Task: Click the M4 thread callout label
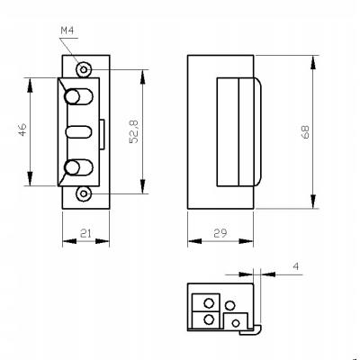(x=67, y=31)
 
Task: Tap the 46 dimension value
(x=23, y=130)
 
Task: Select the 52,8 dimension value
(x=134, y=131)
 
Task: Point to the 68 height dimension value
(x=305, y=132)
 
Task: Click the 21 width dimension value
(x=85, y=233)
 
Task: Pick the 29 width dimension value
(x=220, y=233)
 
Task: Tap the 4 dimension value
(x=296, y=266)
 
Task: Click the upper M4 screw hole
(x=84, y=70)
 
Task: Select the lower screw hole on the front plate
(x=84, y=193)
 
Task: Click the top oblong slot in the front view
(x=78, y=96)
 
